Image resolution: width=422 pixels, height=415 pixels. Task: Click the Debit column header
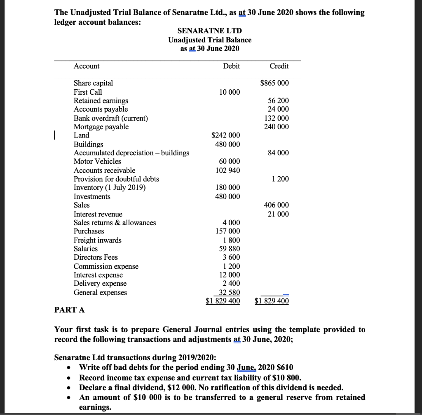click(x=231, y=66)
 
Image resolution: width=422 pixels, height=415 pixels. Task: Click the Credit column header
click(x=279, y=66)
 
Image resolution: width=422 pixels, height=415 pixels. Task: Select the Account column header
click(x=87, y=66)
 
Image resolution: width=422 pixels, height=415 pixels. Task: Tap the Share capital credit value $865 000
click(x=274, y=83)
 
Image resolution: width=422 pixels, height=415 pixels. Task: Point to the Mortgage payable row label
click(x=101, y=127)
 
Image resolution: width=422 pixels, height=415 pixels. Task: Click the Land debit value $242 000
click(x=225, y=135)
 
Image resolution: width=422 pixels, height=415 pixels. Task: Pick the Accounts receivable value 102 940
click(x=227, y=170)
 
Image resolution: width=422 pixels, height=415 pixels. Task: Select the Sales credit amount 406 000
click(x=278, y=205)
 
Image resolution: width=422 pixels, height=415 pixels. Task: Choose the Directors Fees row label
click(x=96, y=257)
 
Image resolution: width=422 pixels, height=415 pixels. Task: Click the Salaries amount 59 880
click(x=229, y=249)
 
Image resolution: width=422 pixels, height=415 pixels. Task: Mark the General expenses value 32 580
click(x=229, y=292)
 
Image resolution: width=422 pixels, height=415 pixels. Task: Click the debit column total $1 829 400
click(x=223, y=301)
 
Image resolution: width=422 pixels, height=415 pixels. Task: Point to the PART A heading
click(x=70, y=310)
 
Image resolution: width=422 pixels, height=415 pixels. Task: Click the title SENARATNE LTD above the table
click(x=209, y=31)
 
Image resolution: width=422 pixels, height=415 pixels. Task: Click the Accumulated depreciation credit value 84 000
click(x=278, y=153)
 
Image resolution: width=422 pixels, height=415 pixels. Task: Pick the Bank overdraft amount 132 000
click(x=278, y=118)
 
